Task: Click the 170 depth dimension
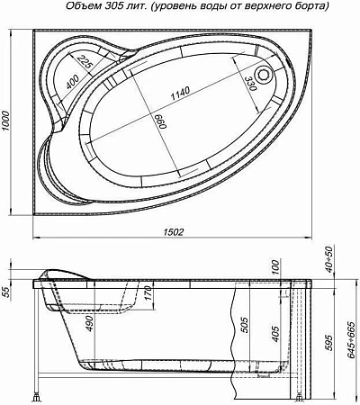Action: (145, 292)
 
